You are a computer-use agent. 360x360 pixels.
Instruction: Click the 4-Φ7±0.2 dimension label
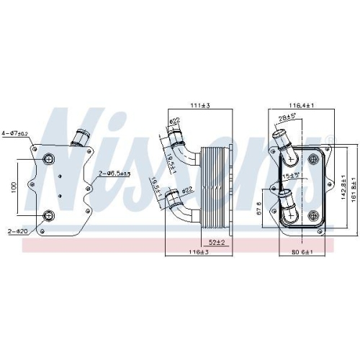tap(15, 133)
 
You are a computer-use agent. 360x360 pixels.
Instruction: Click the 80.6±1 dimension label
tap(301, 253)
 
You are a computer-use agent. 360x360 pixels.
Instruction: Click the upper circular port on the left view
tap(49, 161)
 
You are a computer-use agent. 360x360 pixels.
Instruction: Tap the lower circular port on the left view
tap(49, 215)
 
